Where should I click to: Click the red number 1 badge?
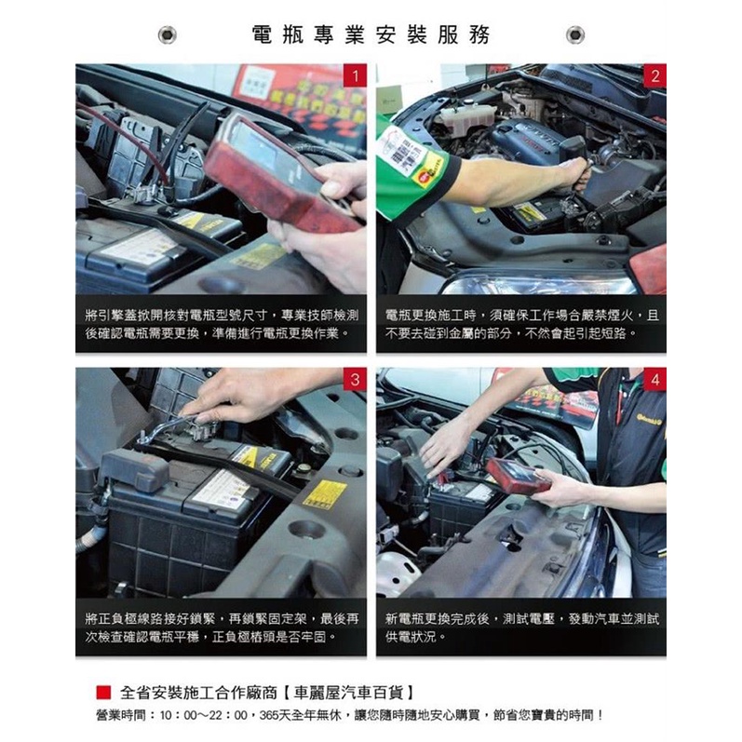click(355, 75)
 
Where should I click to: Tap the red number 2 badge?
click(654, 75)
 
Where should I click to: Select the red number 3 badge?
click(355, 380)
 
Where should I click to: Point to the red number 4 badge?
click(654, 380)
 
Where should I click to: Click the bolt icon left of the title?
click(167, 35)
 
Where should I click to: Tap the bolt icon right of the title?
click(575, 35)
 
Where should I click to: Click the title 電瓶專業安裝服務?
click(371, 35)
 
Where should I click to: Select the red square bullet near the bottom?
click(103, 693)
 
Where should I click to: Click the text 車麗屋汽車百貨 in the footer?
click(349, 693)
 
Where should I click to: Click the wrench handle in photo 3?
click(166, 428)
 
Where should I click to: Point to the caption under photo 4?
click(521, 627)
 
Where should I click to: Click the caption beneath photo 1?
click(222, 324)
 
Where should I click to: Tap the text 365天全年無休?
click(301, 715)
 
